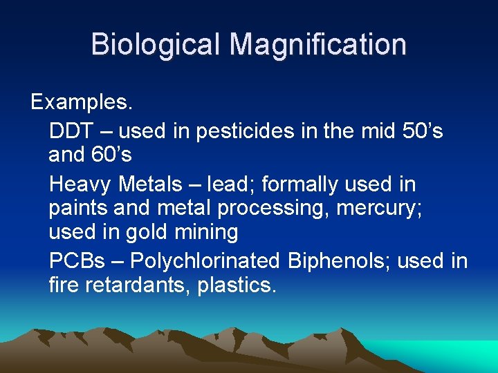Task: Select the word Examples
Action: [x=82, y=102]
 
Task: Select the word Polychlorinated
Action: [x=205, y=261]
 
